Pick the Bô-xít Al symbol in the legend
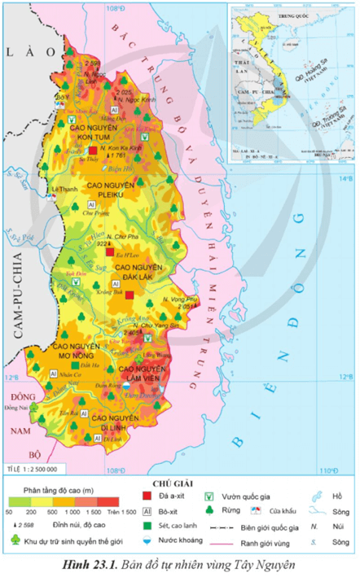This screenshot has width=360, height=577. (x=147, y=512)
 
